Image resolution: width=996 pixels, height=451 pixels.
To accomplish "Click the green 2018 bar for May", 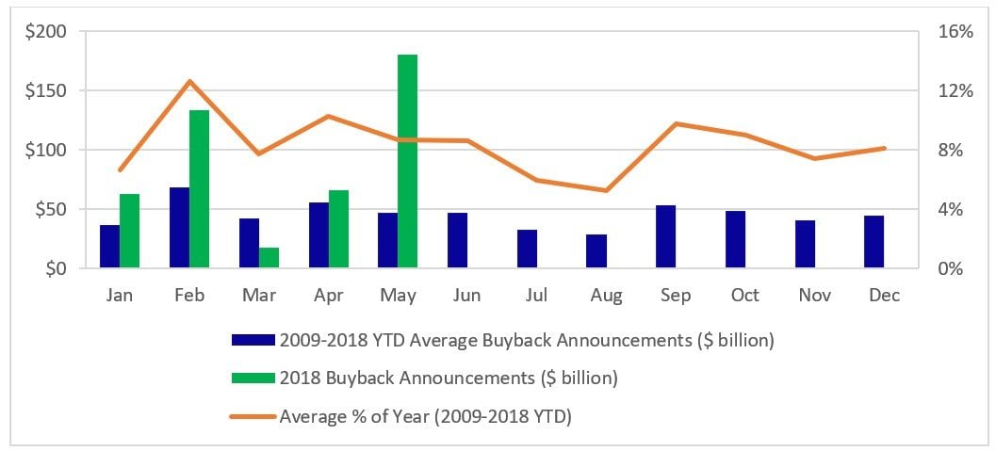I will pyautogui.click(x=407, y=161).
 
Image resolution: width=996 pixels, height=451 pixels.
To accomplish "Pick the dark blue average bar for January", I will pyautogui.click(x=110, y=247).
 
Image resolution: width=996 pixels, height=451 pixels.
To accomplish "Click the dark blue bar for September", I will pyautogui.click(x=665, y=236).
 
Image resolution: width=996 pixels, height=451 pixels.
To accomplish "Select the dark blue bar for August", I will pyautogui.click(x=596, y=251).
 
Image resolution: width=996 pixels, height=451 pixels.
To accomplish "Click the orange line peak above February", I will pyautogui.click(x=189, y=81).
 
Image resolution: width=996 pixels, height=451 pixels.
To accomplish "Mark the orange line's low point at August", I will pyautogui.click(x=606, y=190).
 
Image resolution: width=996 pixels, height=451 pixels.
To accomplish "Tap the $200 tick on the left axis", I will pyautogui.click(x=46, y=32).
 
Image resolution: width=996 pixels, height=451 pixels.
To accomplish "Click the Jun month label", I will pyautogui.click(x=466, y=296).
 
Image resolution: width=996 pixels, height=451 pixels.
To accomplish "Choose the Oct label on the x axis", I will pyautogui.click(x=744, y=296).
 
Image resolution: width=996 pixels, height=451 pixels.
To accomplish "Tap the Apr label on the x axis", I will pyautogui.click(x=328, y=296).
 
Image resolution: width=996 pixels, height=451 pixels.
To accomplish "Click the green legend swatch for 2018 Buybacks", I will pyautogui.click(x=253, y=378).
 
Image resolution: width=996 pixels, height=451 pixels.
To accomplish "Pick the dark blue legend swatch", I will pyautogui.click(x=253, y=341).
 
